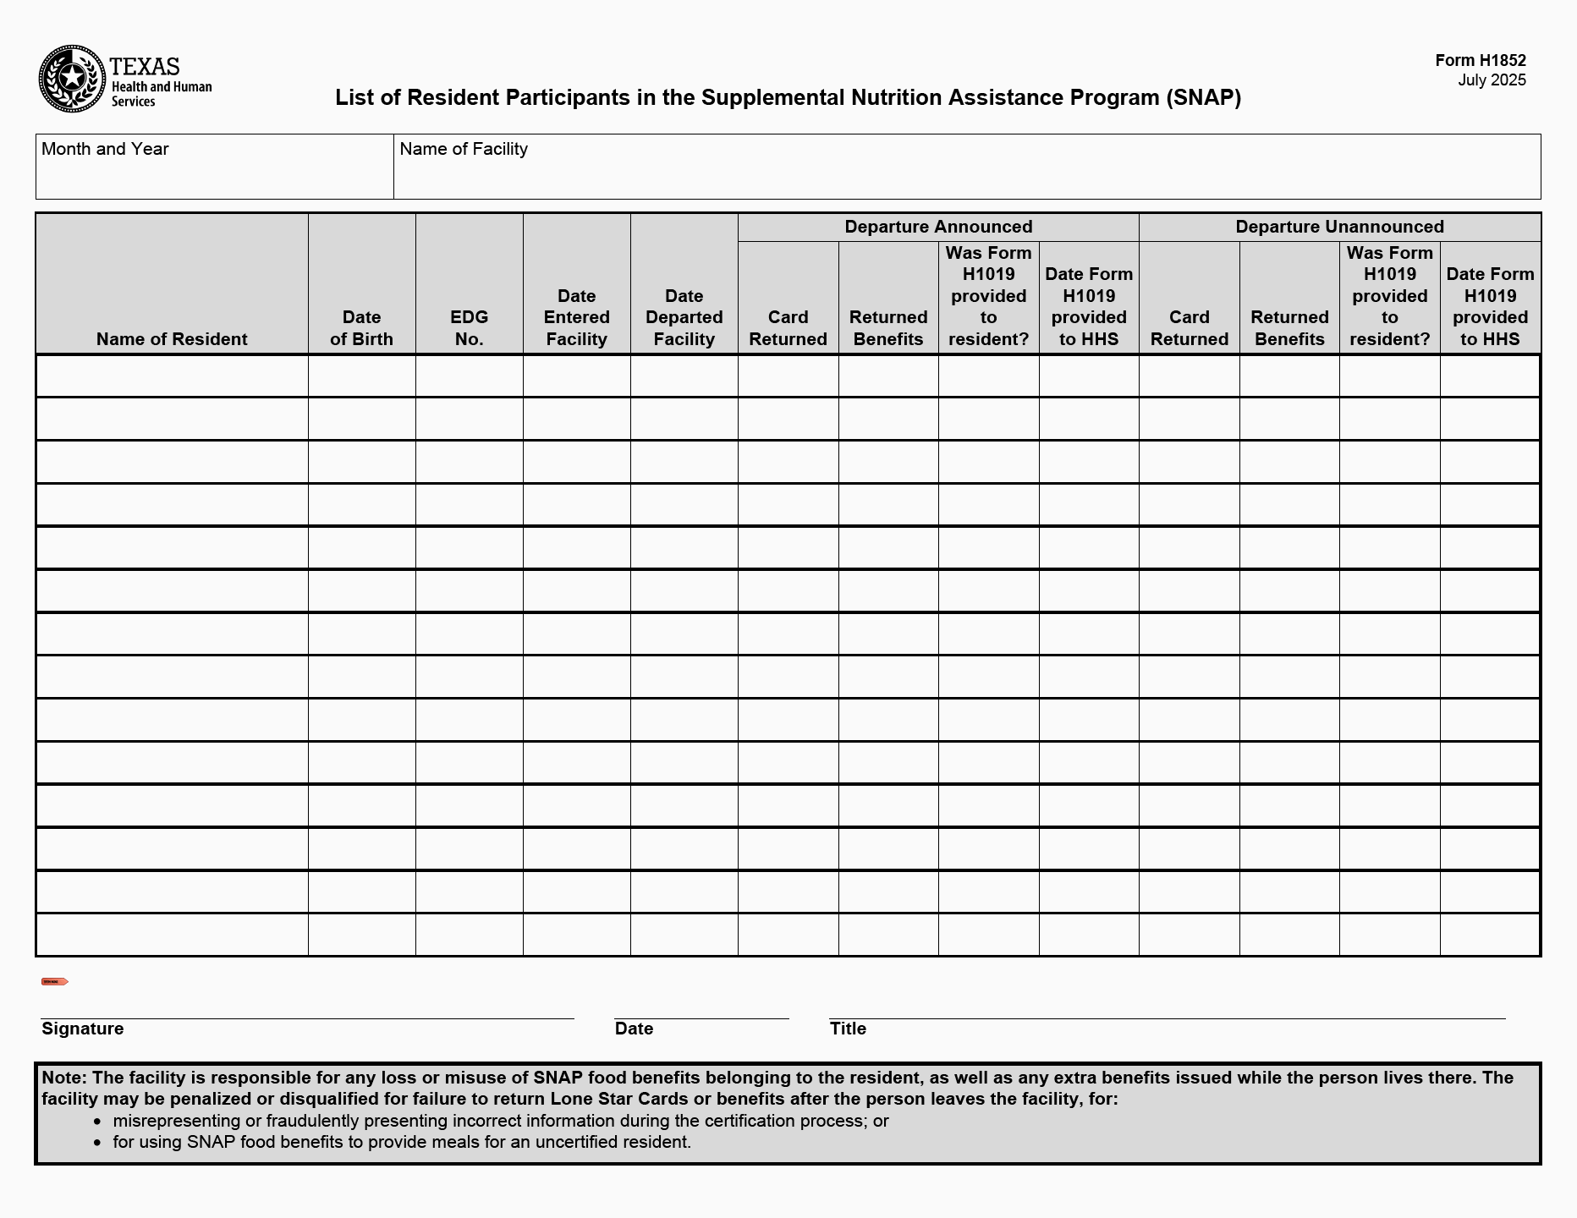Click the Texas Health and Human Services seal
[x=73, y=79]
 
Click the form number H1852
[x=1480, y=60]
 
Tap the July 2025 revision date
[x=1492, y=80]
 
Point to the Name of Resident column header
[x=172, y=339]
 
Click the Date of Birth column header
[x=361, y=328]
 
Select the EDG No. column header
[x=469, y=328]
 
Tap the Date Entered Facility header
[x=576, y=317]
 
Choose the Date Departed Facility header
[x=684, y=317]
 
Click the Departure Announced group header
[x=938, y=227]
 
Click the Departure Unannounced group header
[x=1339, y=227]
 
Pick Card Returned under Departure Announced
[x=788, y=328]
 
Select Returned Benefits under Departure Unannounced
[x=1289, y=328]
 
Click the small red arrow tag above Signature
[x=55, y=982]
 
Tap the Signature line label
[x=82, y=1029]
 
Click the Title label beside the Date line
[x=848, y=1029]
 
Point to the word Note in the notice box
[x=63, y=1078]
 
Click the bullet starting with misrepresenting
[x=500, y=1121]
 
